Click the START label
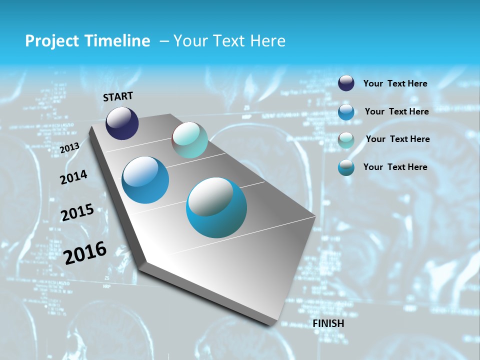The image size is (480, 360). (x=118, y=96)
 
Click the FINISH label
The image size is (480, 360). (x=328, y=323)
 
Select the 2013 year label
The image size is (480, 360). (x=69, y=148)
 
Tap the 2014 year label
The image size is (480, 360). (x=73, y=177)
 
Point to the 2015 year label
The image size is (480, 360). (x=77, y=212)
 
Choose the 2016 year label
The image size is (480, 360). (x=85, y=253)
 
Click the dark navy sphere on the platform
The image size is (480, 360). (x=122, y=123)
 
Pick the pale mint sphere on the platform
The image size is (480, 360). (x=189, y=140)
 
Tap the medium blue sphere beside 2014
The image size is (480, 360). (x=145, y=180)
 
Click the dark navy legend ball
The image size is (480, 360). (x=346, y=83)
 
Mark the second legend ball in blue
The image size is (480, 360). (x=346, y=111)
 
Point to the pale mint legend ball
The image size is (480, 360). (x=346, y=139)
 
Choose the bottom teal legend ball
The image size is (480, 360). (x=346, y=167)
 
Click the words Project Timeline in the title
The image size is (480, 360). (x=87, y=41)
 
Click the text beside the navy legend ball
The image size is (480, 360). (x=395, y=83)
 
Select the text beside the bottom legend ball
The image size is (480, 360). (x=395, y=167)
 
